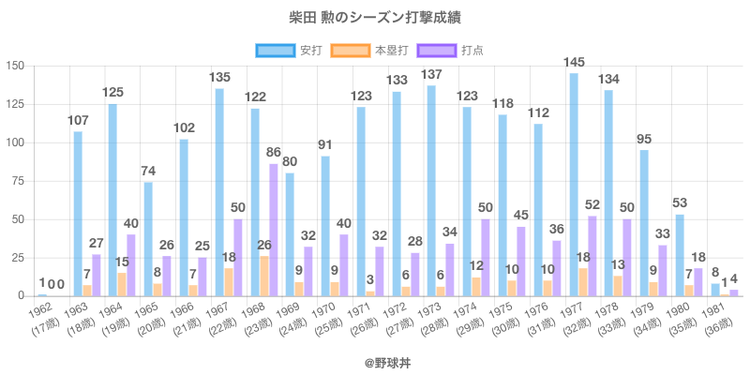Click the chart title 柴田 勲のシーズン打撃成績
(375, 18)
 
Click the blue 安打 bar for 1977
(573, 185)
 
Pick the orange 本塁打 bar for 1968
(263, 277)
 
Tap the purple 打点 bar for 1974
(485, 258)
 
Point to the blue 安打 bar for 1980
(680, 256)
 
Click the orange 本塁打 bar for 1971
(369, 293)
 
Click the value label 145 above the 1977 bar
(574, 63)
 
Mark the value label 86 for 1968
(274, 152)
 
